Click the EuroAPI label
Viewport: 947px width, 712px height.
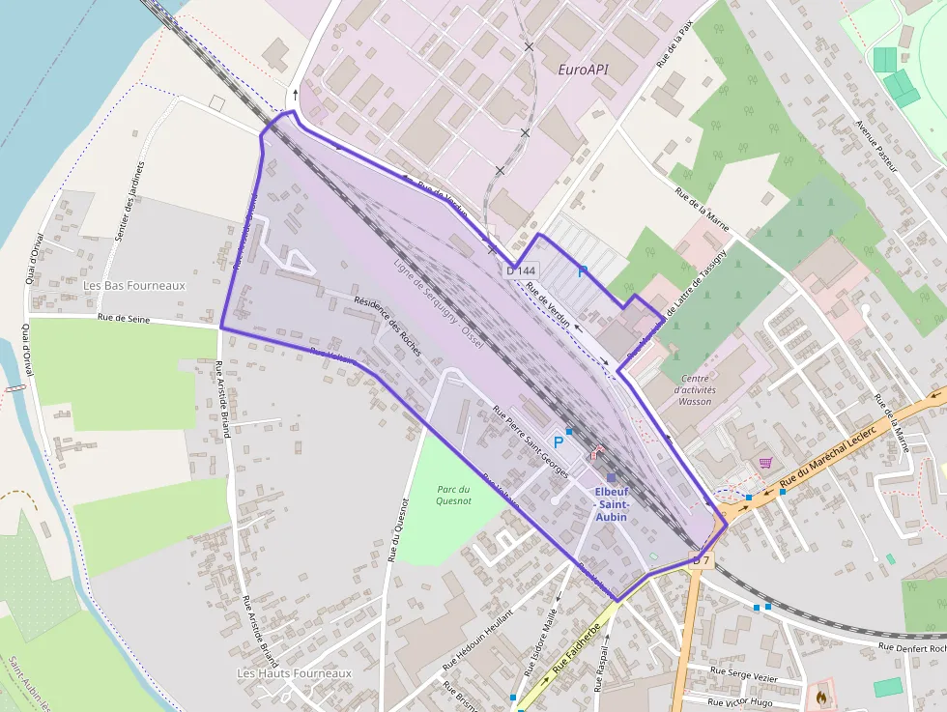coord(584,71)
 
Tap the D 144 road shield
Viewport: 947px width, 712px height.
coord(521,271)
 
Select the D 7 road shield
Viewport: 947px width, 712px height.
coord(702,560)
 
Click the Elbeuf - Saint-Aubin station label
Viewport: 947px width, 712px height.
coord(612,503)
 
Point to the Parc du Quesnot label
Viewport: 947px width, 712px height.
coord(452,495)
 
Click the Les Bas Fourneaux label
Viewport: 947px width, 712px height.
coord(133,286)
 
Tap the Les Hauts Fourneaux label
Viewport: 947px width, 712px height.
coord(295,672)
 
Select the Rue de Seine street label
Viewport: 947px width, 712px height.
coord(126,318)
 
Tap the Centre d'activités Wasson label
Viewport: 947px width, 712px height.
coord(696,389)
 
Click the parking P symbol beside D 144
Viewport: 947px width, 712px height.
coord(582,271)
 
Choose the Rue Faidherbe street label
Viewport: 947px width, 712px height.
coord(576,650)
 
